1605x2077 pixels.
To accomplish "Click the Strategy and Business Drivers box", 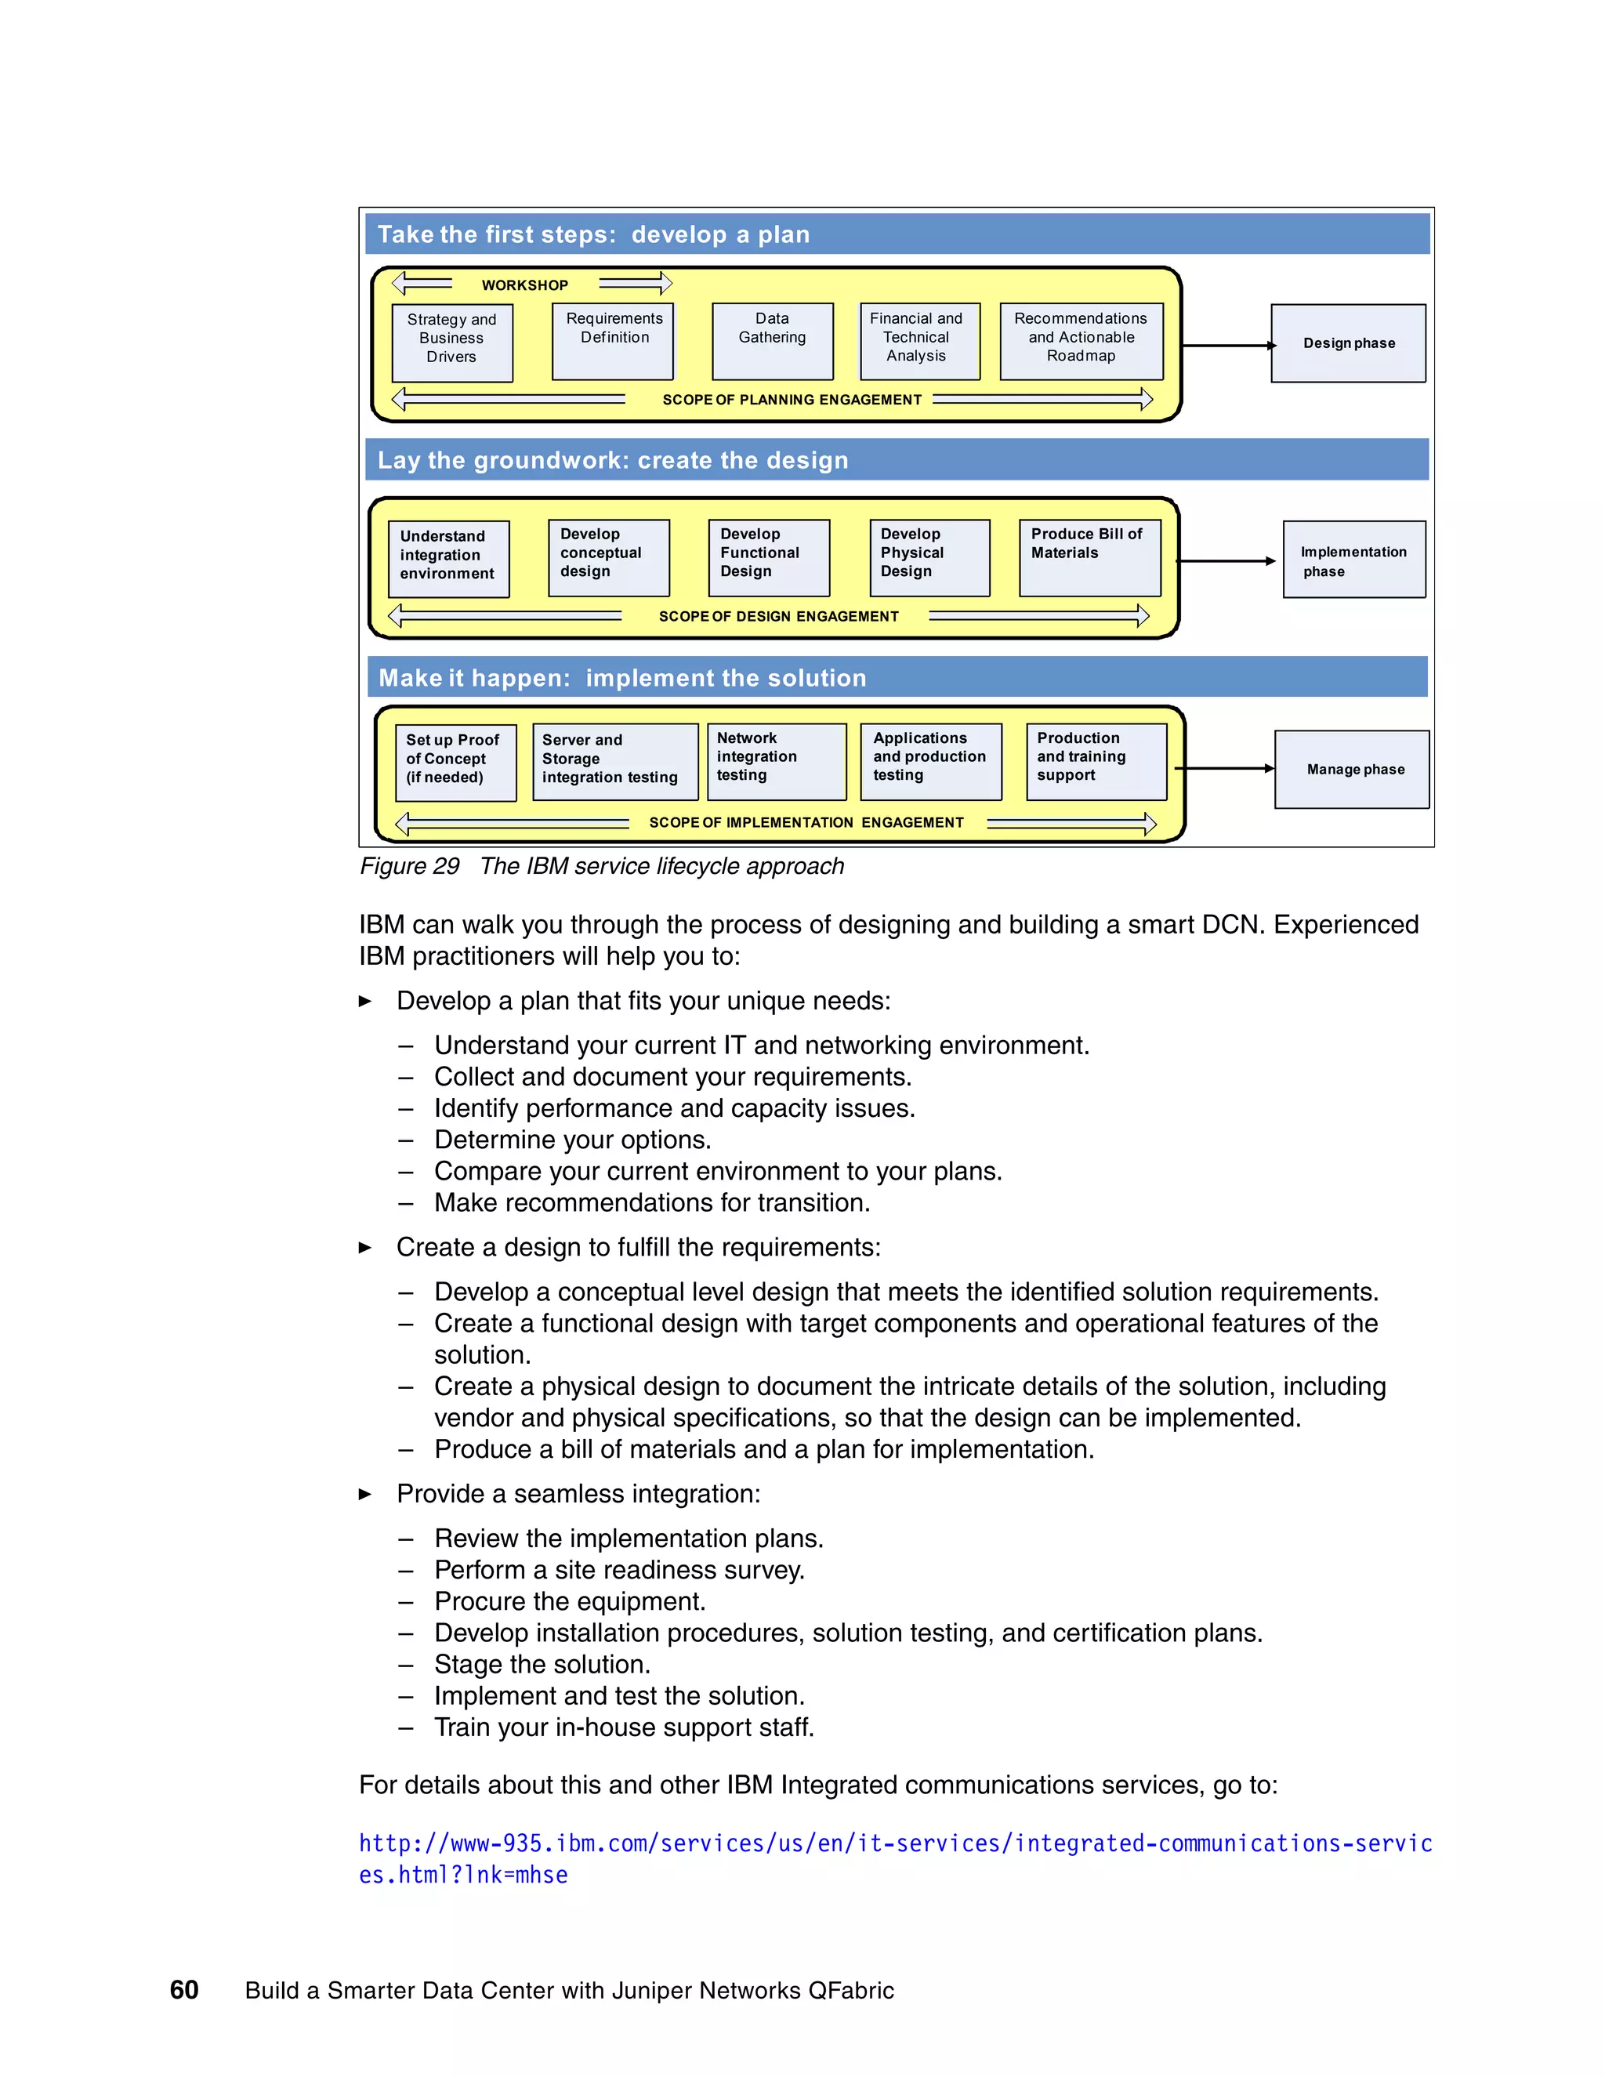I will coord(451,343).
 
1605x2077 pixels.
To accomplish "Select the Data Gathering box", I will coord(772,340).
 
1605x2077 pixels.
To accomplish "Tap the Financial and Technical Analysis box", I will coord(918,340).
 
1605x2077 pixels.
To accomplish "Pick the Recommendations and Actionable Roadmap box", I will coord(1081,340).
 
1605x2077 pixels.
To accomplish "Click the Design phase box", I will coord(1347,343).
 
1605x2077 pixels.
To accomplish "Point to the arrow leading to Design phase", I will coord(1226,345).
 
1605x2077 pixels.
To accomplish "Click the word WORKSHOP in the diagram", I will coord(524,285).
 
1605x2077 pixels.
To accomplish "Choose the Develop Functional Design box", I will coord(768,557).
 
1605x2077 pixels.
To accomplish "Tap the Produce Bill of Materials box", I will coord(1089,557).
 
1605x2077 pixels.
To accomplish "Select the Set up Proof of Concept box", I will coord(455,763).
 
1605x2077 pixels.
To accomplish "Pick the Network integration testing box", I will coord(775,761).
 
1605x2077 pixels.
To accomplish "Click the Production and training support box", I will coord(1096,761).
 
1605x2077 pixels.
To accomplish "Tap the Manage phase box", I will coord(1351,770).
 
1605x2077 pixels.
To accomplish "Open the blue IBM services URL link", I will coord(893,1844).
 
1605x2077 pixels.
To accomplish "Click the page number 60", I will coord(183,1991).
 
